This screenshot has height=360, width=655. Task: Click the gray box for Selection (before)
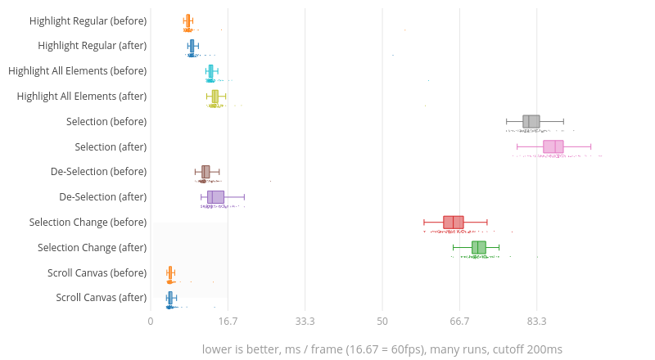point(531,122)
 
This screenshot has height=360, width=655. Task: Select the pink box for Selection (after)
point(553,147)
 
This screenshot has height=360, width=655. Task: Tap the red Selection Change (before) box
point(454,223)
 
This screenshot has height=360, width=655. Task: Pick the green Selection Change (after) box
point(479,248)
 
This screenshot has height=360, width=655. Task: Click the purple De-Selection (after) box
point(215,197)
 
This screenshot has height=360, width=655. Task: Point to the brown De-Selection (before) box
point(206,172)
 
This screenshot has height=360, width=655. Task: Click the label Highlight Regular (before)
point(88,20)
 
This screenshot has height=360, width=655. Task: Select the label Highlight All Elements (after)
point(82,97)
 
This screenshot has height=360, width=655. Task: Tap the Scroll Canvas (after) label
point(102,298)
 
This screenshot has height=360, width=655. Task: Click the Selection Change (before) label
point(88,223)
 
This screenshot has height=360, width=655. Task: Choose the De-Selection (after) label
point(103,197)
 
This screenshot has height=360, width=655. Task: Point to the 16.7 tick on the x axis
point(228,322)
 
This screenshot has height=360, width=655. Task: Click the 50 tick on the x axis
point(382,322)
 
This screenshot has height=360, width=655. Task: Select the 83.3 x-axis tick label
point(537,322)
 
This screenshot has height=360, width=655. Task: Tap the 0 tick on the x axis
point(151,322)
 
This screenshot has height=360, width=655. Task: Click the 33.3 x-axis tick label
point(305,322)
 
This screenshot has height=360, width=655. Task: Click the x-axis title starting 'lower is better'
point(382,349)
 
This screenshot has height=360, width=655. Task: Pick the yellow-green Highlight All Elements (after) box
point(215,97)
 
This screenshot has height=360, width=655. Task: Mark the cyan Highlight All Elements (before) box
point(210,71)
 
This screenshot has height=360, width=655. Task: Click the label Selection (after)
point(111,147)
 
